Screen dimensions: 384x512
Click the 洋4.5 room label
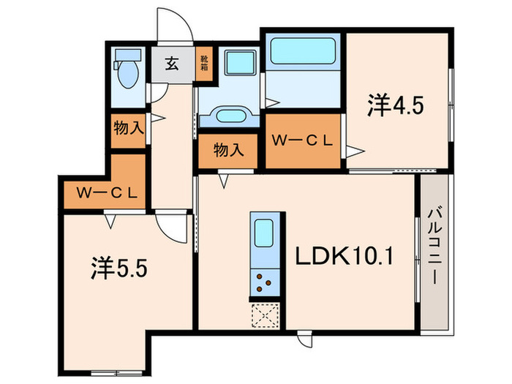[396, 106]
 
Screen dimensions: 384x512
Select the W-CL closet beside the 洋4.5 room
[303, 140]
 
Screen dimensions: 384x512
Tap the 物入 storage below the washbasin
[227, 150]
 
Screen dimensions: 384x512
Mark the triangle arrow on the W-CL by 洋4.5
[355, 152]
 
